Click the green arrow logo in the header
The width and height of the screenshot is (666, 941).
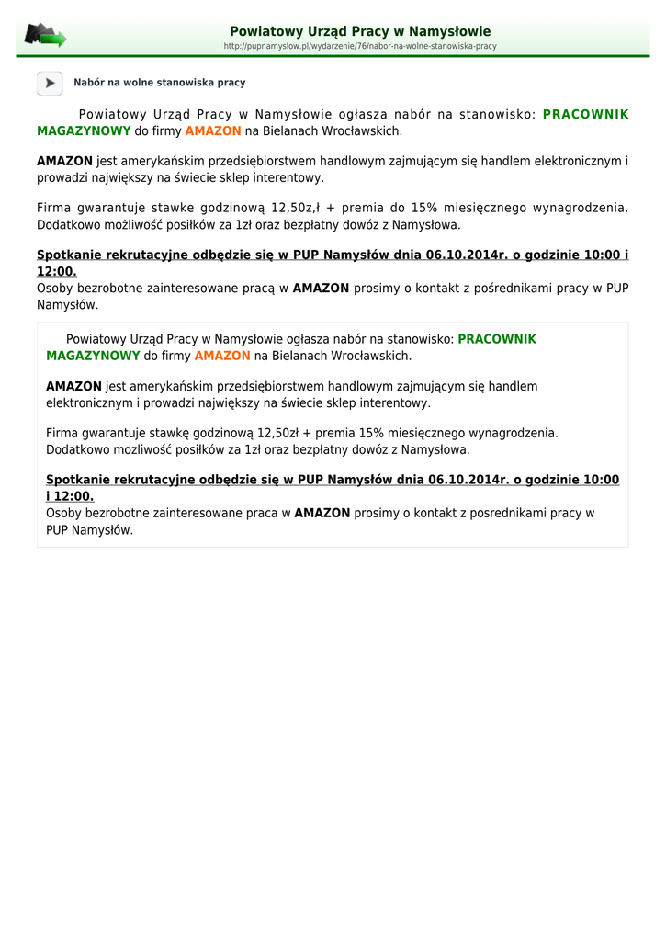pos(45,36)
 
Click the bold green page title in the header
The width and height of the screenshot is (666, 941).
pos(360,31)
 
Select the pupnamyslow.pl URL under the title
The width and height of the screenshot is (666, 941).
pos(360,46)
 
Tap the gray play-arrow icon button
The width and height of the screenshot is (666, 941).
pos(50,83)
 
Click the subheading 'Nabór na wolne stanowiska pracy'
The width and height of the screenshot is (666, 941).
pos(160,83)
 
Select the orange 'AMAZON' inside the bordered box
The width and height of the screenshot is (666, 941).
pos(222,356)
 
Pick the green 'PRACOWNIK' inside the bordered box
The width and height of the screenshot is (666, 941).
pos(497,339)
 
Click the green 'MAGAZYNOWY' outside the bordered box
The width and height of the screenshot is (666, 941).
pos(84,131)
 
